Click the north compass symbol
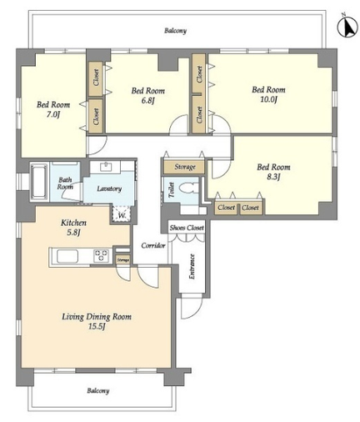(347, 27)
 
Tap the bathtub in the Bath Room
(38, 181)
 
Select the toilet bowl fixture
(189, 188)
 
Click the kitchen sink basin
(67, 256)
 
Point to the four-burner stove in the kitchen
(101, 256)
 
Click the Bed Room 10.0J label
(268, 94)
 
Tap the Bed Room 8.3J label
(273, 172)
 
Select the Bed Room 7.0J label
(53, 109)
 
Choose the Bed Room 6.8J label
(147, 95)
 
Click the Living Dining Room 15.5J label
(97, 321)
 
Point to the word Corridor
(153, 246)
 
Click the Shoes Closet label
(187, 228)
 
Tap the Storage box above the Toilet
(184, 167)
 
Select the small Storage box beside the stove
(122, 260)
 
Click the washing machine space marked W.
(122, 214)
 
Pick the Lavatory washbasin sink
(106, 167)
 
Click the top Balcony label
(175, 31)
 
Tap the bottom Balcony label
(98, 391)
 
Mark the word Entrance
(192, 267)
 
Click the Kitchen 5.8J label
(73, 227)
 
